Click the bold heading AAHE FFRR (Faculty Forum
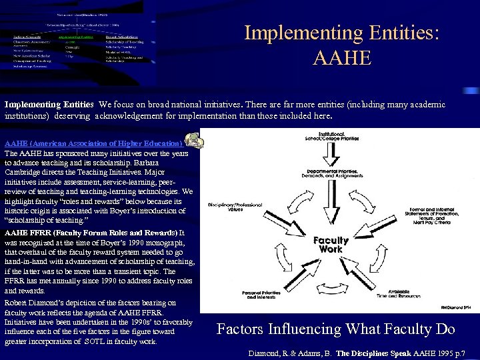coord(91,233)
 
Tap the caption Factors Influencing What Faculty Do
coord(336,329)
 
